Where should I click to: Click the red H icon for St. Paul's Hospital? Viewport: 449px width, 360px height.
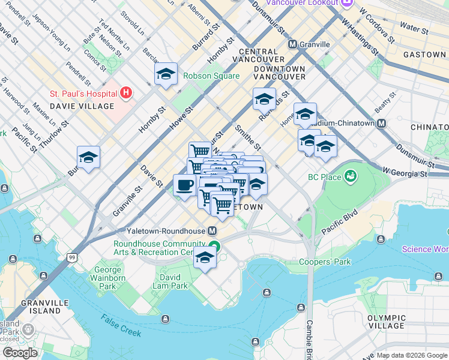point(126,93)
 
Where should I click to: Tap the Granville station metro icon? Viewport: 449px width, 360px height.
point(293,44)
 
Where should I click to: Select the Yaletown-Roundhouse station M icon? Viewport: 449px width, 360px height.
point(212,231)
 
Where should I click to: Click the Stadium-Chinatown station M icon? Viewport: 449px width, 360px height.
point(381,123)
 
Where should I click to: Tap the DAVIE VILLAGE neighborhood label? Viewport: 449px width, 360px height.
point(82,106)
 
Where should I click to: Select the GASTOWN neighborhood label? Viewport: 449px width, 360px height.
point(424,55)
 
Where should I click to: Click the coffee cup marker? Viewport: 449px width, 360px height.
point(184,184)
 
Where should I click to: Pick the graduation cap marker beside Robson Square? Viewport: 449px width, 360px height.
point(166,74)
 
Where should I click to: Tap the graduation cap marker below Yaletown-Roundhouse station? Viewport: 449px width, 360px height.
point(205,257)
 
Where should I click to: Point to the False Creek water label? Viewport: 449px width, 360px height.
point(121,325)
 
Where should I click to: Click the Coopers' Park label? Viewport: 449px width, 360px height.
point(325,262)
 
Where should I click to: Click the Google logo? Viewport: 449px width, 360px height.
point(20,352)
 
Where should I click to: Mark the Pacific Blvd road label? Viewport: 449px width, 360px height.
point(339,221)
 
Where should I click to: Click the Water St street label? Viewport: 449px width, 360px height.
point(414,28)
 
